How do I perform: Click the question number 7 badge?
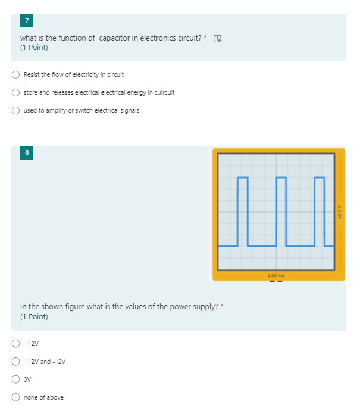pyautogui.click(x=26, y=21)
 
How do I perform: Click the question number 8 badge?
pyautogui.click(x=26, y=152)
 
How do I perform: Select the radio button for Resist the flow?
pyautogui.click(x=16, y=75)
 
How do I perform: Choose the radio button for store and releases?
pyautogui.click(x=16, y=93)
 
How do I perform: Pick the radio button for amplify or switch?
pyautogui.click(x=16, y=111)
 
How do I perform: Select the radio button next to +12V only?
pyautogui.click(x=16, y=344)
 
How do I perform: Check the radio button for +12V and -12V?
pyautogui.click(x=16, y=362)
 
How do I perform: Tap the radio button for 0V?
pyautogui.click(x=16, y=379)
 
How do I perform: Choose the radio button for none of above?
pyautogui.click(x=16, y=397)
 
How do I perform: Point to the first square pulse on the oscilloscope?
pyautogui.click(x=242, y=211)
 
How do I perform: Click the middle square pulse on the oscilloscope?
pyautogui.click(x=281, y=211)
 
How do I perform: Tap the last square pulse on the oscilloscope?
pyautogui.click(x=320, y=211)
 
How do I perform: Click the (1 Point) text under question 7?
pyautogui.click(x=34, y=48)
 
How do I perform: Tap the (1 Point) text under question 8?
pyautogui.click(x=34, y=317)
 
